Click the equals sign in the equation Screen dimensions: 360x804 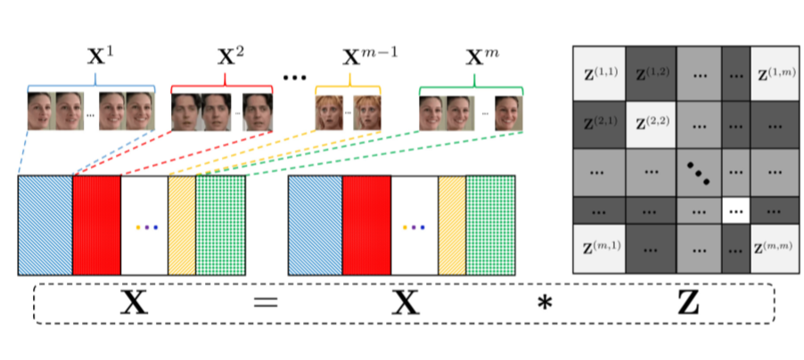[x=265, y=304]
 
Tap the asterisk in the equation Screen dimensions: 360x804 [x=542, y=306]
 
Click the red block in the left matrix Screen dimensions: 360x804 [x=96, y=225]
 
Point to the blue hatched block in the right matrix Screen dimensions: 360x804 [x=315, y=225]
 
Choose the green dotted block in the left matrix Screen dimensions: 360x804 [x=220, y=225]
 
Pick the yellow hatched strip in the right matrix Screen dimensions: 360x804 [x=452, y=225]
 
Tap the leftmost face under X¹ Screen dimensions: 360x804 [x=41, y=111]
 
